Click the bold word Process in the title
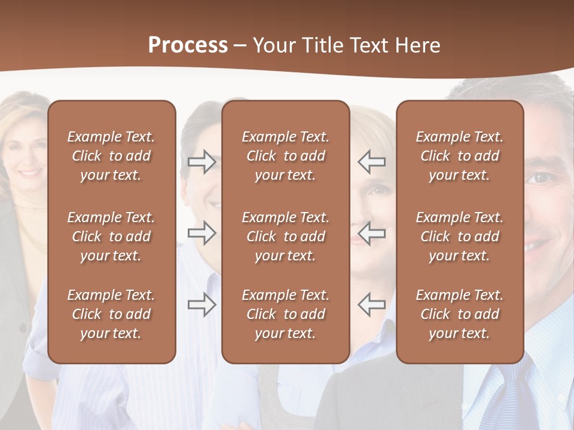[x=188, y=45]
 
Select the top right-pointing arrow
[x=202, y=161]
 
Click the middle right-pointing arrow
[x=202, y=233]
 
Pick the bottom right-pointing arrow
[x=202, y=304]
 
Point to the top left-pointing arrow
[x=372, y=161]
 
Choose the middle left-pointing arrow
[x=372, y=233]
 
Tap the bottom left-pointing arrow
[x=372, y=304]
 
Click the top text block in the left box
[x=111, y=156]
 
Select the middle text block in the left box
[x=111, y=236]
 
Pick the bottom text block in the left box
[x=111, y=314]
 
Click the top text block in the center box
[x=285, y=156]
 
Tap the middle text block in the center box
[x=285, y=236]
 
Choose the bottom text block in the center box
[x=285, y=314]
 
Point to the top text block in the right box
[x=459, y=156]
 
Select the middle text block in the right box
[x=459, y=236]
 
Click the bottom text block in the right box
[x=459, y=314]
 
